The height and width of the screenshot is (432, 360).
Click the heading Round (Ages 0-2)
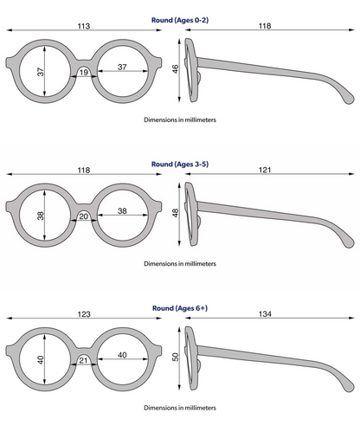coord(180,20)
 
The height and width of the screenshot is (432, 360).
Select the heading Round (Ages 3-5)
coord(180,164)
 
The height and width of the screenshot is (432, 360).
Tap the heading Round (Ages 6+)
coord(180,308)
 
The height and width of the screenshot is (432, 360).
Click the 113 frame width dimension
coord(84,26)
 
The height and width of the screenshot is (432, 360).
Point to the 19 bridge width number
coord(84,72)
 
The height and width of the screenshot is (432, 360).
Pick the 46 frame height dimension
coord(175,69)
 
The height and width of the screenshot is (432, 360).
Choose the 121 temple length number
coord(265,170)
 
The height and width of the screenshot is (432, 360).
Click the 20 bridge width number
coord(84,216)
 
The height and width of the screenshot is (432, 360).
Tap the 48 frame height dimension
coord(175,213)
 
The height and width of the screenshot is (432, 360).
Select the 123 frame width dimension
coord(84,314)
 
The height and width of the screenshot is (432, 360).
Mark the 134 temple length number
coord(265,313)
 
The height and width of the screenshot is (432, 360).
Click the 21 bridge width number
coord(83,360)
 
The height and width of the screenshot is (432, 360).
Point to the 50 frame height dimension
coord(175,357)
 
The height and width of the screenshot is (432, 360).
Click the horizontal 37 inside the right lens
coord(122,67)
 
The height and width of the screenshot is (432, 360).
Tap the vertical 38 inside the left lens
coord(41,216)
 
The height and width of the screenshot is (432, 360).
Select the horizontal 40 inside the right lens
coord(122,355)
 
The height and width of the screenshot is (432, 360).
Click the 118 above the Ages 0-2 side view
coord(265,26)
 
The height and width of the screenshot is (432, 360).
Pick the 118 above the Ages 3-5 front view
coord(84,170)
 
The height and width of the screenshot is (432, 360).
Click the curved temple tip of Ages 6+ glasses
coord(349,386)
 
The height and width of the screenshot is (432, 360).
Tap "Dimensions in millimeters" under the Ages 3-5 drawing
coord(180,263)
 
